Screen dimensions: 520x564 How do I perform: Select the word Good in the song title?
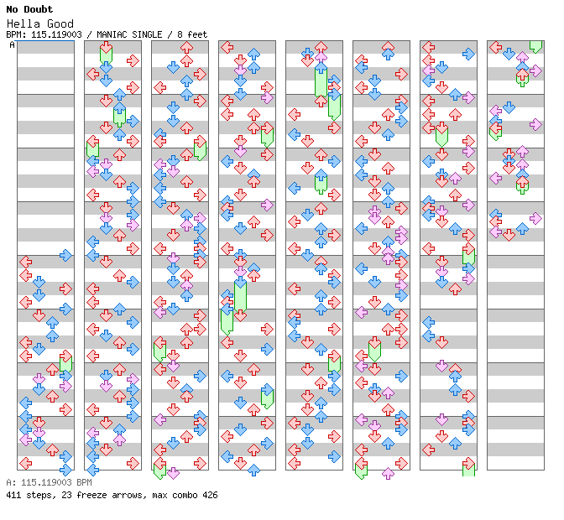(x=60, y=23)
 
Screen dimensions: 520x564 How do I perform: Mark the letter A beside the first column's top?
(x=13, y=44)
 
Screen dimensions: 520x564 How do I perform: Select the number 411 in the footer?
(x=13, y=495)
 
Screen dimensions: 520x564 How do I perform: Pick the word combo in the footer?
(x=181, y=495)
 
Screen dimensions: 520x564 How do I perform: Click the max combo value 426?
(x=209, y=495)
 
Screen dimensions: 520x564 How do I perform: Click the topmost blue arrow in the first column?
(x=66, y=255)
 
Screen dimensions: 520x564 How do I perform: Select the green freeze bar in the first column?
(x=66, y=363)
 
